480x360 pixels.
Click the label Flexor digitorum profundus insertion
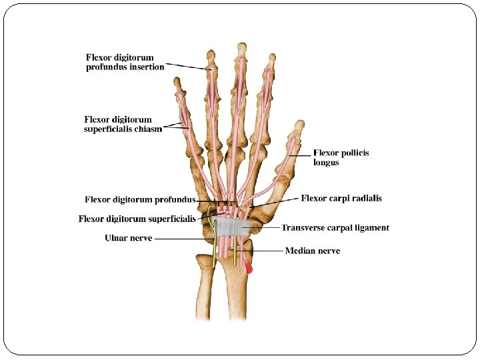125,63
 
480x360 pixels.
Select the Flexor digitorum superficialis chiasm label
123,125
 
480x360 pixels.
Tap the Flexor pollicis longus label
341,157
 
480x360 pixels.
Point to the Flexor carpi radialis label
341,198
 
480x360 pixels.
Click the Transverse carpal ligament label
335,228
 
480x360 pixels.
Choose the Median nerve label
312,251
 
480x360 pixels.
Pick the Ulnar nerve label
129,238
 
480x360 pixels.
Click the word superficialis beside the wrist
167,219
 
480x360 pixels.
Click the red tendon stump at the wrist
249,268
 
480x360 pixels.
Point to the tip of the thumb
300,124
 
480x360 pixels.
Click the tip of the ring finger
211,53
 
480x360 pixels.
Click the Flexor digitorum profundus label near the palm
140,199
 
